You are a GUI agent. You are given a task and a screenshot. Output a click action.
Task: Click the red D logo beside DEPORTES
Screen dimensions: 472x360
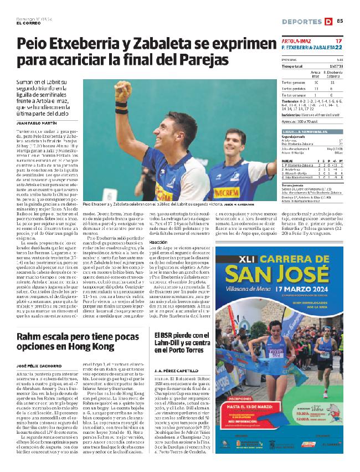[x=328, y=22]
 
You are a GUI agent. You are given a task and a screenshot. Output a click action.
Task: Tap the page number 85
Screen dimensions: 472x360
[x=340, y=22]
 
